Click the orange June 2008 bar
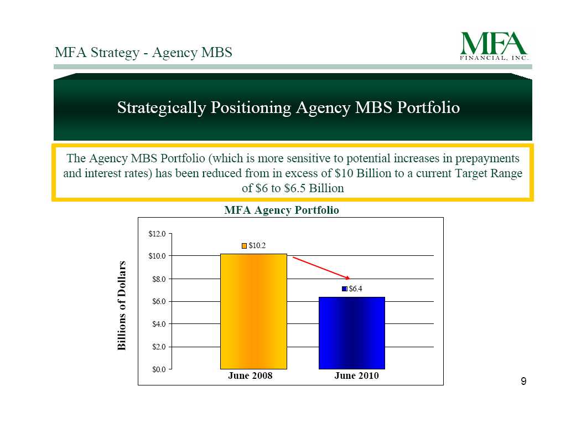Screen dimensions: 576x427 click(253, 311)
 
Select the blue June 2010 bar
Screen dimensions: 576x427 click(352, 333)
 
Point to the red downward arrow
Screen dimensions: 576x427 click(321, 268)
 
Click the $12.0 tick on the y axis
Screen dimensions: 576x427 click(157, 234)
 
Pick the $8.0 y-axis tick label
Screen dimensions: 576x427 click(159, 279)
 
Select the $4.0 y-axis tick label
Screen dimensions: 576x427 click(159, 324)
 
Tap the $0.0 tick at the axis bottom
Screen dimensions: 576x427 click(159, 369)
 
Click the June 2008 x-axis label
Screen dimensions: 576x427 click(250, 375)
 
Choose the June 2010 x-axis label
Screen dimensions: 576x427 click(356, 375)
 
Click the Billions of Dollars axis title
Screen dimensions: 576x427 click(122, 306)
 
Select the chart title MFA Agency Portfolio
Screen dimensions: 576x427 click(282, 210)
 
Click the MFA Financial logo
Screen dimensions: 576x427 click(494, 45)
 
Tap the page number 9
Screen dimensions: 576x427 click(523, 381)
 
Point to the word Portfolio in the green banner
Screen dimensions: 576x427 click(428, 107)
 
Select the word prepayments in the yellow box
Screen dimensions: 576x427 click(487, 158)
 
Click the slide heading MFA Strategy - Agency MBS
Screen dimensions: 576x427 click(143, 52)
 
